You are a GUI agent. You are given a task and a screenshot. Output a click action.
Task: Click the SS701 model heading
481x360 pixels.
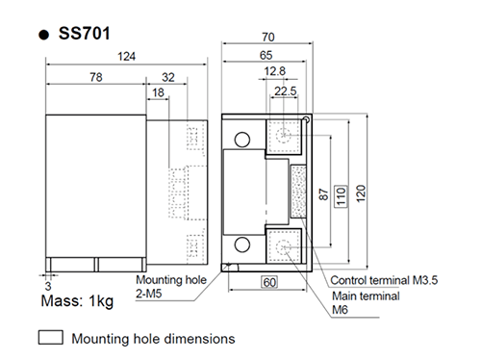click(78, 31)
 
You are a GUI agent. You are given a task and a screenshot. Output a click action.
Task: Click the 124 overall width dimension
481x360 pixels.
click(127, 58)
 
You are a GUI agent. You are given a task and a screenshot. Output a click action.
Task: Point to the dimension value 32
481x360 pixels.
click(168, 76)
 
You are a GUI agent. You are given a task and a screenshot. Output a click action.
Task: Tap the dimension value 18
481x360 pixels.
click(158, 92)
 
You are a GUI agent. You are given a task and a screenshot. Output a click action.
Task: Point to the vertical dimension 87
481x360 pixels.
click(324, 193)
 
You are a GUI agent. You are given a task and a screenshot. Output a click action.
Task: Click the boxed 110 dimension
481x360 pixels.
click(341, 193)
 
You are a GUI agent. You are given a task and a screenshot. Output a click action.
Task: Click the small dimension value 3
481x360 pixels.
click(45, 286)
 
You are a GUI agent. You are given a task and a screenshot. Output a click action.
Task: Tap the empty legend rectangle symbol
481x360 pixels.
click(50, 338)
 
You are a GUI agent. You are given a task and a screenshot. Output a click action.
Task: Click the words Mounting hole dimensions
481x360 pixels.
click(153, 339)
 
